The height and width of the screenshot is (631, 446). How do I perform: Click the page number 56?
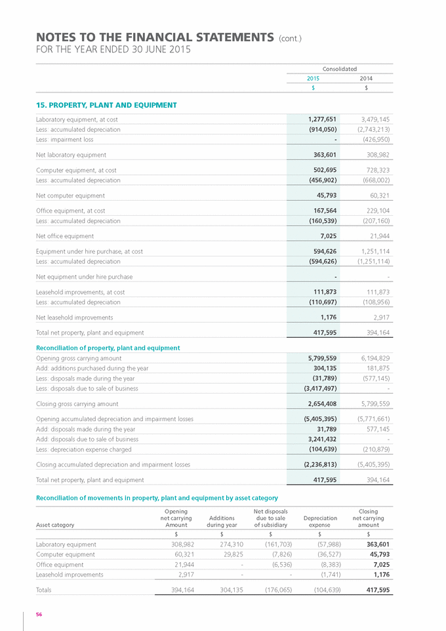39,615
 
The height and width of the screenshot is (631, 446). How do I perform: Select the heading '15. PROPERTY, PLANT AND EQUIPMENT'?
106,105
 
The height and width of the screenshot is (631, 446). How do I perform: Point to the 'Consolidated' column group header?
340,68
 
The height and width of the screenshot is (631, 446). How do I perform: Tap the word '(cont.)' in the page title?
291,38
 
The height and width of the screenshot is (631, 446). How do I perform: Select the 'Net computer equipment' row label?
70,195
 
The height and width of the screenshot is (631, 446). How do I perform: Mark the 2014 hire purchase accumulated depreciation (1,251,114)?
373,261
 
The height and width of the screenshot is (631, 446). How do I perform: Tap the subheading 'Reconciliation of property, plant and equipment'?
108,348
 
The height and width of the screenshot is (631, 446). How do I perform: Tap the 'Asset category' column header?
55,525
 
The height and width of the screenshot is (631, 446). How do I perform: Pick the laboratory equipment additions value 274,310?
223,544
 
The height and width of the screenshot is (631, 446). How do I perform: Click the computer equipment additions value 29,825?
225,554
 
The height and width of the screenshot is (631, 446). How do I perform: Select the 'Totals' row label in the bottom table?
44,590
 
